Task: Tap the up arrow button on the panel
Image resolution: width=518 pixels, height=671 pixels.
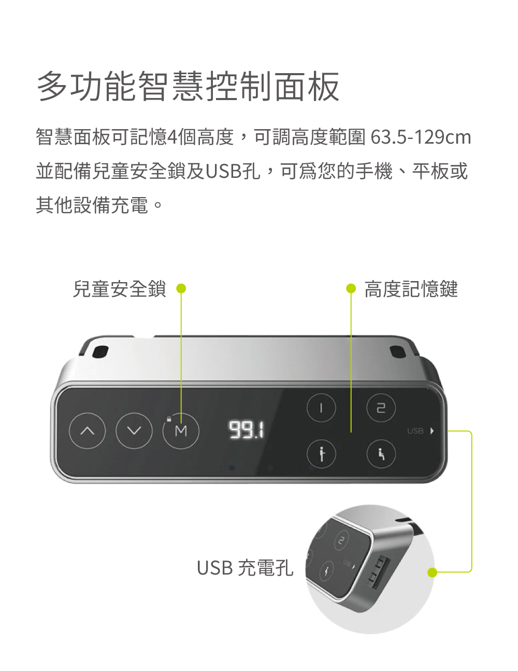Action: coord(88,430)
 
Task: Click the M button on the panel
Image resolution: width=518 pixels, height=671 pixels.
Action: coord(181,431)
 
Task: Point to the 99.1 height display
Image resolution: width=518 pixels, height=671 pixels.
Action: coord(247,430)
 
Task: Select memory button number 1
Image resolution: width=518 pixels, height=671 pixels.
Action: coord(321,408)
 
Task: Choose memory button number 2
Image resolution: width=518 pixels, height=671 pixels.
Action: coord(381,408)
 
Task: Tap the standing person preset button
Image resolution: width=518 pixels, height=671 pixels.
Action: coord(321,454)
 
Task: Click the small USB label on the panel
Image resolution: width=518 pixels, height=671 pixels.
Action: coord(415,431)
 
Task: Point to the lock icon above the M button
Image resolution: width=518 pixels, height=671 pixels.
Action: coord(168,418)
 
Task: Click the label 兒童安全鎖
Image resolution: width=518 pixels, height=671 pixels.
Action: coord(119,289)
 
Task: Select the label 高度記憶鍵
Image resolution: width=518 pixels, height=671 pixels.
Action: coord(411,289)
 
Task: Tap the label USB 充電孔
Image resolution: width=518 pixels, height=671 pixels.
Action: coord(245,568)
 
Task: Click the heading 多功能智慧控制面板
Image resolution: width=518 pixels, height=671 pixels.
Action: coord(189,87)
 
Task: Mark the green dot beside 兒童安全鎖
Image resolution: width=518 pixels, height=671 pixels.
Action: coord(181,289)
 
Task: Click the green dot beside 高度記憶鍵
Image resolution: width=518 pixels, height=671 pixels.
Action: coord(351,289)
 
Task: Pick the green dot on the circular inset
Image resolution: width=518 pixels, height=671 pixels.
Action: coord(433,572)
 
